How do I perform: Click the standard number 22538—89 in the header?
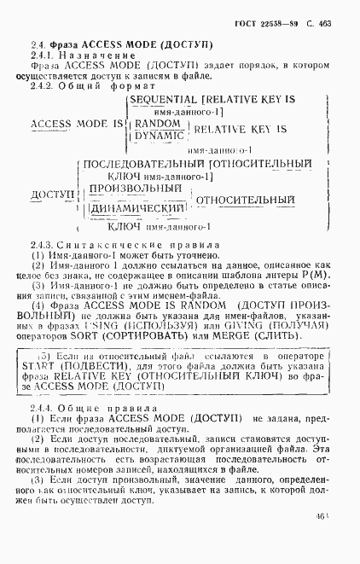click(x=288, y=25)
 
